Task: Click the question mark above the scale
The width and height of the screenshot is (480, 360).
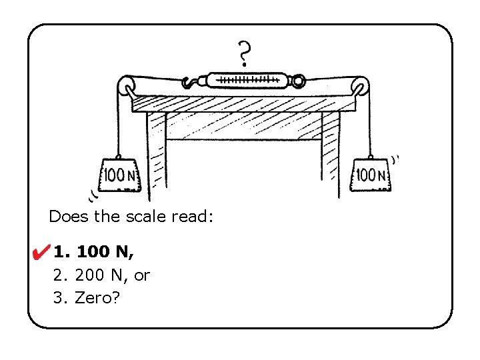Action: click(x=245, y=53)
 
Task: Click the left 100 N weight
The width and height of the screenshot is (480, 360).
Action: click(x=120, y=176)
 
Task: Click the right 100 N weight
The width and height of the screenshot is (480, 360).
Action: click(x=371, y=176)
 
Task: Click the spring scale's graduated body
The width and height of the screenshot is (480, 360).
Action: click(x=247, y=81)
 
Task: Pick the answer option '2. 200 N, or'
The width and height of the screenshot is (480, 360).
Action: click(x=101, y=275)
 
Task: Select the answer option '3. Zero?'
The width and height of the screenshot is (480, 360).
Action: click(x=87, y=297)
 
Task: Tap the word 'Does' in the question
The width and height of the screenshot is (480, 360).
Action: click(x=65, y=217)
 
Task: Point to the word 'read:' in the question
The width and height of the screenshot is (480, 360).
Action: click(x=192, y=217)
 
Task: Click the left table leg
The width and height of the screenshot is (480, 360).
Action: click(x=155, y=157)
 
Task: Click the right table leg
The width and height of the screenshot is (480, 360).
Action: click(x=330, y=150)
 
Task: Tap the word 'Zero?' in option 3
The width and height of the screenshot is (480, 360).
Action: click(x=97, y=297)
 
